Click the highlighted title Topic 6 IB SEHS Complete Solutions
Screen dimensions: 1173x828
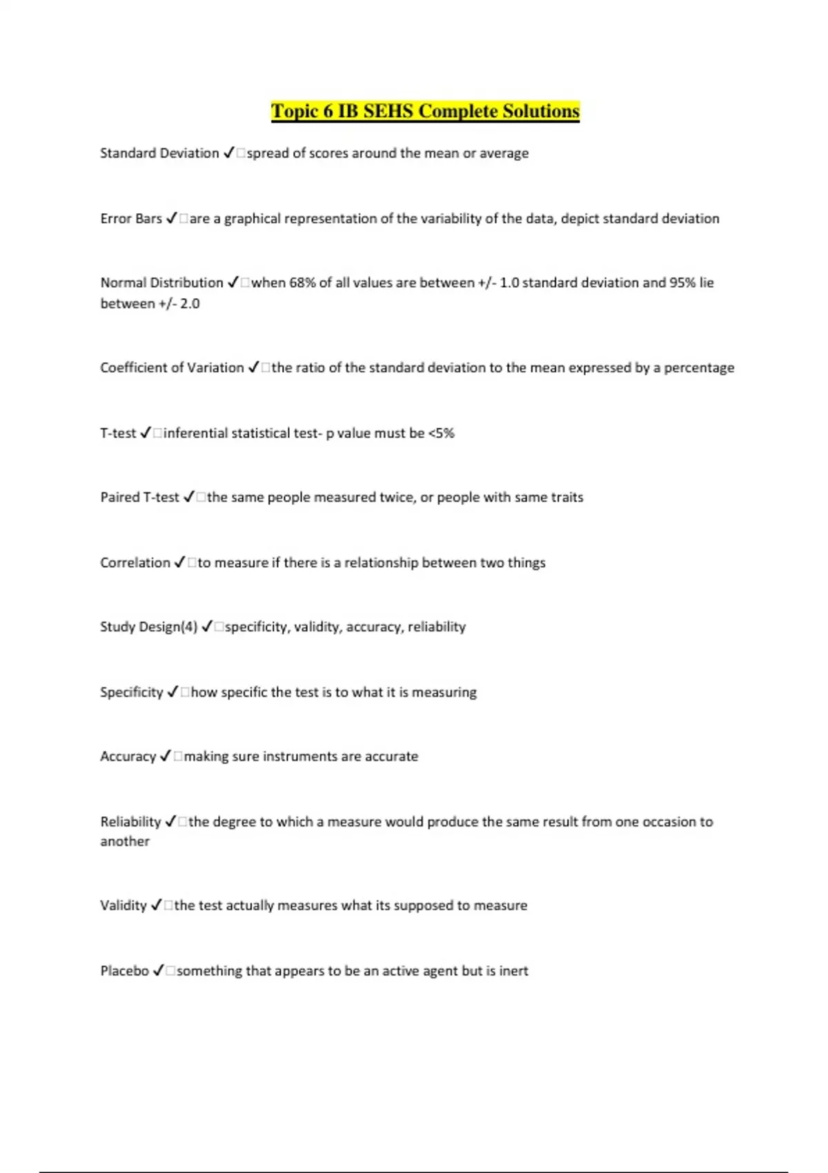425,111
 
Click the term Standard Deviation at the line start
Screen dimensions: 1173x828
159,153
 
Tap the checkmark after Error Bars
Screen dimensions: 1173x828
172,219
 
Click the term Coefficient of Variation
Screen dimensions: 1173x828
172,368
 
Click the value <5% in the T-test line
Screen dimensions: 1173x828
442,433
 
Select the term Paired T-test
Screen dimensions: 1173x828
139,497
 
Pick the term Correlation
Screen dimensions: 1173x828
135,563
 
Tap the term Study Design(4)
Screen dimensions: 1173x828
149,627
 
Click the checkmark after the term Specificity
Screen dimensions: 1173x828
172,692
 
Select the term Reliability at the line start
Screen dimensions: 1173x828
130,822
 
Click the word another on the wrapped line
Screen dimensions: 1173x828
125,842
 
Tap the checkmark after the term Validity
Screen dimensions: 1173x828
156,905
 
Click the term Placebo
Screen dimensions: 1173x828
125,971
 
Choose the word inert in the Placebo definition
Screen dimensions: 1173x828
513,971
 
